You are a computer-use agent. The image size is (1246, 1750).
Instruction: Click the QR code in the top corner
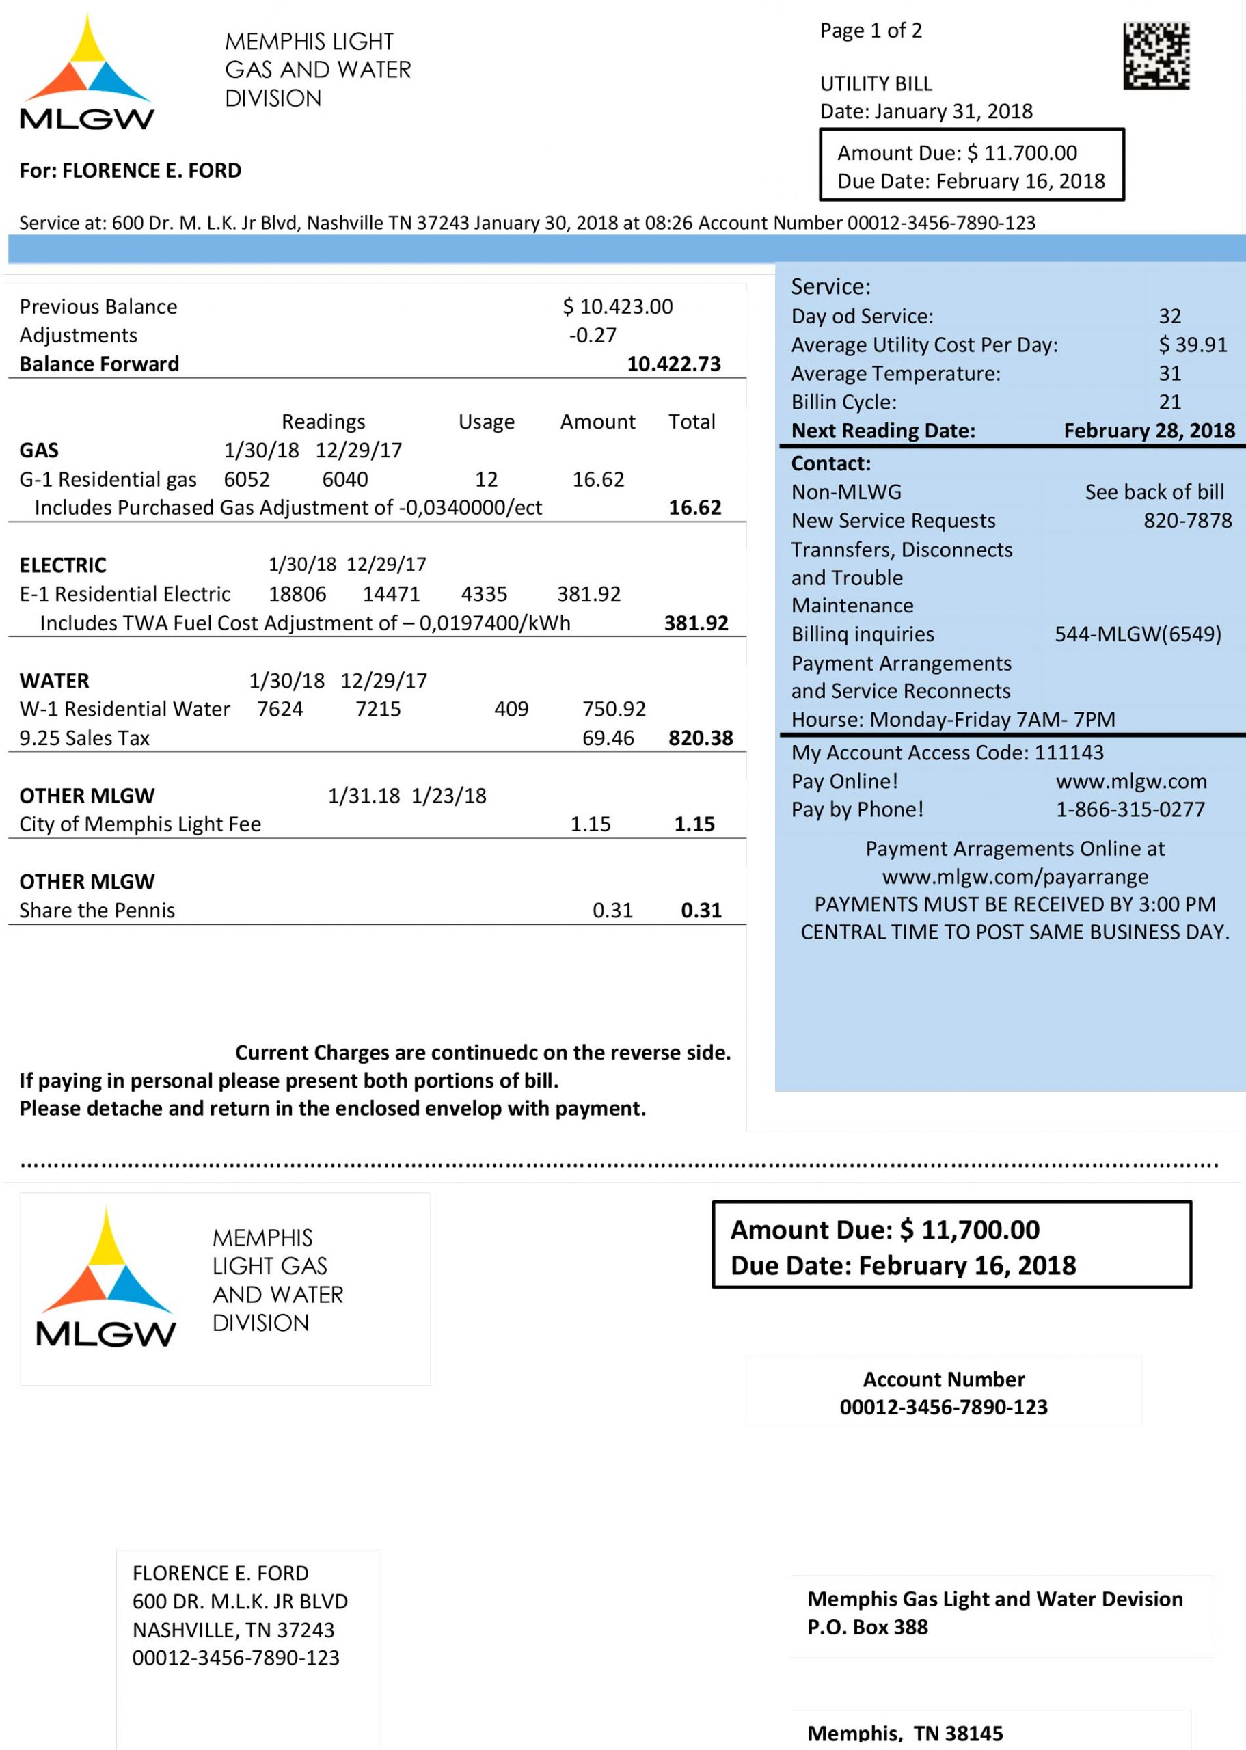tap(1156, 56)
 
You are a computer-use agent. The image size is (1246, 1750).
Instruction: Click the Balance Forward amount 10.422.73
tap(674, 364)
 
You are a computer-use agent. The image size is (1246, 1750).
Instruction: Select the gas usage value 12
tap(487, 479)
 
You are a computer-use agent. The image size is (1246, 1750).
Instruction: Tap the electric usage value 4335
tap(484, 594)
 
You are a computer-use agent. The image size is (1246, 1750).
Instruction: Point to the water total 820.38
tap(701, 738)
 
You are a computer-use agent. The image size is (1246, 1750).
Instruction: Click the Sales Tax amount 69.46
tap(608, 738)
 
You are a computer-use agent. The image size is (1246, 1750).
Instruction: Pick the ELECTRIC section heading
tap(63, 565)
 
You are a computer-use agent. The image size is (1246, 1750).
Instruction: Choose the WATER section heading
tap(55, 680)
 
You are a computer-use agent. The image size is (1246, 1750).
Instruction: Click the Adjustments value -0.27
tap(593, 335)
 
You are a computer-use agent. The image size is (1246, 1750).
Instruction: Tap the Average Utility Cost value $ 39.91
tap(1192, 345)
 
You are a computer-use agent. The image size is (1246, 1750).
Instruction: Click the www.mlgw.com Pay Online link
tap(1131, 782)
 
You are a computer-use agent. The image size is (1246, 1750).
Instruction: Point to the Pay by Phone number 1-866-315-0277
tap(1130, 809)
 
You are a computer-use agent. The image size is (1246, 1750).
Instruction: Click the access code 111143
tap(1069, 753)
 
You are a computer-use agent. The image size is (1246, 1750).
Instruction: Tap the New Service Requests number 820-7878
tap(1187, 521)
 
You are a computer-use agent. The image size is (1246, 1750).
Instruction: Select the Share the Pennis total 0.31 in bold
tap(701, 911)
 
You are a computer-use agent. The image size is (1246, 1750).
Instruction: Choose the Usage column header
tap(487, 422)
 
